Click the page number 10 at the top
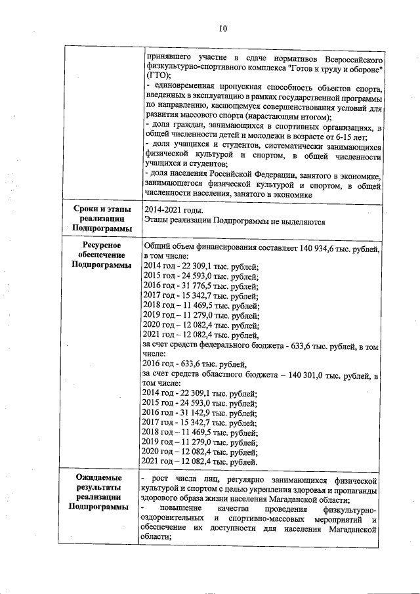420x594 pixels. (222, 28)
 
